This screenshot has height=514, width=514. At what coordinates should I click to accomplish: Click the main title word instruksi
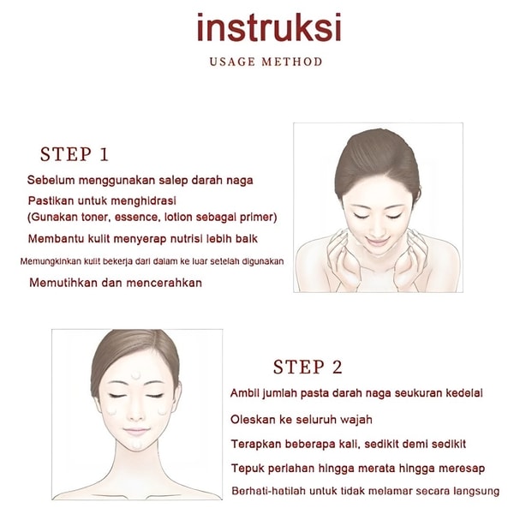[x=269, y=27]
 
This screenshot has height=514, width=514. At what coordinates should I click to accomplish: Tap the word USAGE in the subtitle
[x=232, y=62]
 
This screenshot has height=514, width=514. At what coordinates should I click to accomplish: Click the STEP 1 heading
[x=74, y=154]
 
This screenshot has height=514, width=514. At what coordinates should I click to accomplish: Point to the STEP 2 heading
[x=308, y=367]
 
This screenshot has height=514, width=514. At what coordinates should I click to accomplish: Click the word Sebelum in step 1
[x=51, y=180]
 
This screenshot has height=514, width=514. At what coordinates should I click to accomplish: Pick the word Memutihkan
[x=63, y=283]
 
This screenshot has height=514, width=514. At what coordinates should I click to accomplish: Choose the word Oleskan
[x=253, y=419]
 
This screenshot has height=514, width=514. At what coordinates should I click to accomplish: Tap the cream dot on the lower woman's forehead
[x=135, y=375]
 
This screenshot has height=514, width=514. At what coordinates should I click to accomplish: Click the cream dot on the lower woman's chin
[x=137, y=444]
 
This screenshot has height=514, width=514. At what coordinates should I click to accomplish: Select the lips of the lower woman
[x=136, y=432]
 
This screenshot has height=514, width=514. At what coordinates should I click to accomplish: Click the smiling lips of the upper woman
[x=377, y=242]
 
